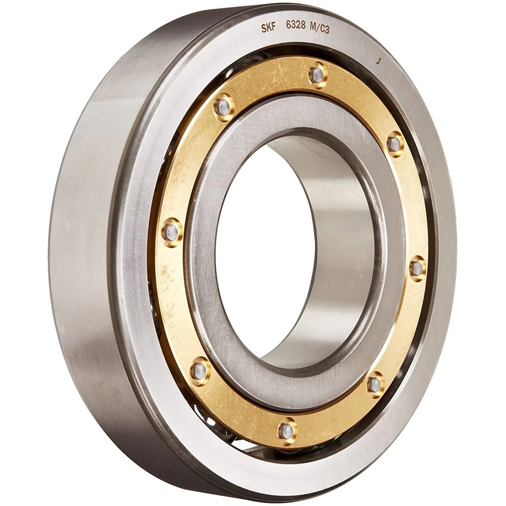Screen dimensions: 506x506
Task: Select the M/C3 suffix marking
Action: [320, 29]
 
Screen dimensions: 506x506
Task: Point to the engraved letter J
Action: [379, 62]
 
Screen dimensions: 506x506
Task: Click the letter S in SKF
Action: [264, 29]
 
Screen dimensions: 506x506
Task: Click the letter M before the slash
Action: [314, 28]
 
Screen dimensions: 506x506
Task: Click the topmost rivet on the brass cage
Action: [317, 75]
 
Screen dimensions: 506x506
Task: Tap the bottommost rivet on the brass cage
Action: [287, 431]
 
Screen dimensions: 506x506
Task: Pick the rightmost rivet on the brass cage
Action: [417, 268]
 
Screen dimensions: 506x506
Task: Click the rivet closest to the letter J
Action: [395, 144]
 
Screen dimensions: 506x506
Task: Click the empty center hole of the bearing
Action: [263, 248]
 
